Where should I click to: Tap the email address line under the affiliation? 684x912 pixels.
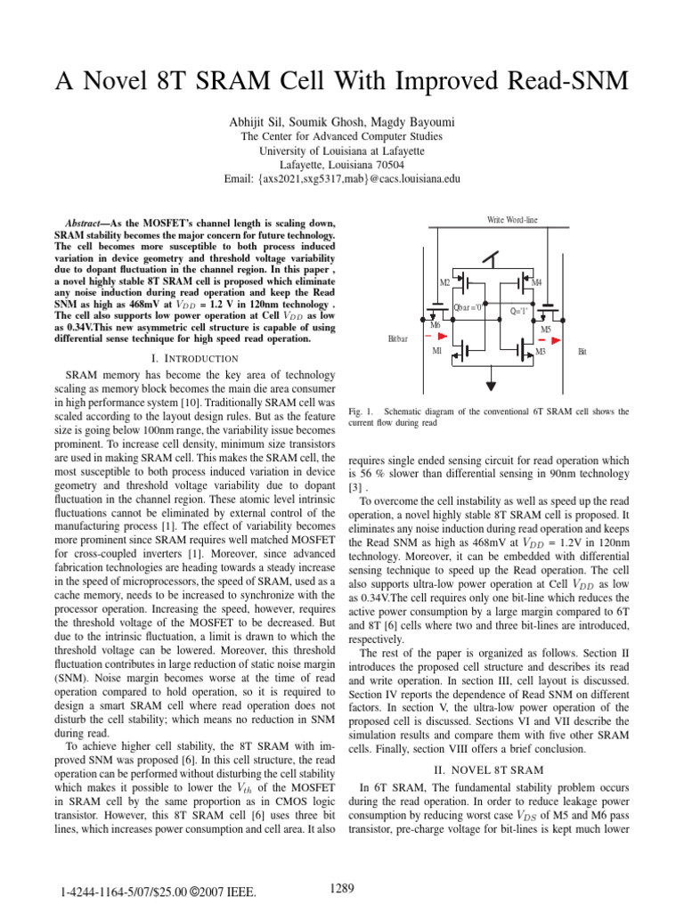coord(343,179)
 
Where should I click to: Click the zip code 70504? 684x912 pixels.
coord(388,165)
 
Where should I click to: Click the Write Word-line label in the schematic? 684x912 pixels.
coord(512,220)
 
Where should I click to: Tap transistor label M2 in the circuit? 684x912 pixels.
coord(445,282)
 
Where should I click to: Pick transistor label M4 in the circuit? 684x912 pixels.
coord(536,282)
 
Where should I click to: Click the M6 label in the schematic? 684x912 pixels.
coord(436,326)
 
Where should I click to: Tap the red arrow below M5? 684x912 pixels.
coord(542,340)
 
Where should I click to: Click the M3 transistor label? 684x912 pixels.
coord(540,353)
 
